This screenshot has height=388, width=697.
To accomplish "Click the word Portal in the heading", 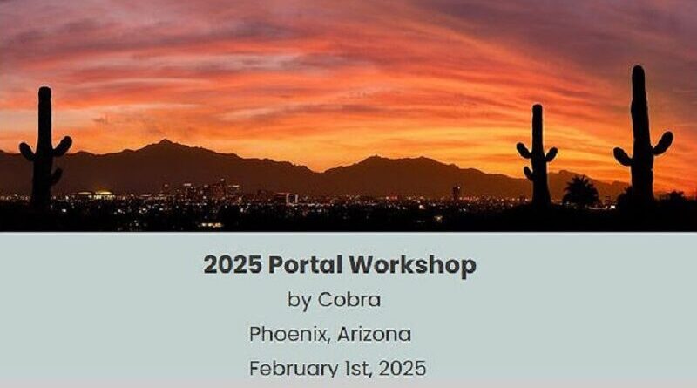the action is (x=306, y=265).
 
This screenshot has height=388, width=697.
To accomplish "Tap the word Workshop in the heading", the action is (x=412, y=266).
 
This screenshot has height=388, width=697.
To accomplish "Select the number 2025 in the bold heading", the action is (x=233, y=265).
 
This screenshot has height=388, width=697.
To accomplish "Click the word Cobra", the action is (x=349, y=299).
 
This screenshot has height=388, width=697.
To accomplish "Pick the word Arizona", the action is (x=374, y=334).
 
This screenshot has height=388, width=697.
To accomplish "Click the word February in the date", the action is (x=294, y=369).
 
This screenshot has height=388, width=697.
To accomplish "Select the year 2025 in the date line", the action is (x=403, y=369).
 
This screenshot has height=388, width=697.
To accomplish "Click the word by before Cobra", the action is (x=299, y=300).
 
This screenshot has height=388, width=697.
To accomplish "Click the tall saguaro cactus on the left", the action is (x=44, y=146).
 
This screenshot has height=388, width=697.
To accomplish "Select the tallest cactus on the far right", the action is (x=643, y=133).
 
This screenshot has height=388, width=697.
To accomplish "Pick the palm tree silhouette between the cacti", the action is (x=580, y=191).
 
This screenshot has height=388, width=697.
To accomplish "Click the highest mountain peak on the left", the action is (x=165, y=141).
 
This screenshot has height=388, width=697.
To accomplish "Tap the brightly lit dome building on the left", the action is (x=103, y=194).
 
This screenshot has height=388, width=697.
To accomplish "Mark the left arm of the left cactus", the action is (x=28, y=152).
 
